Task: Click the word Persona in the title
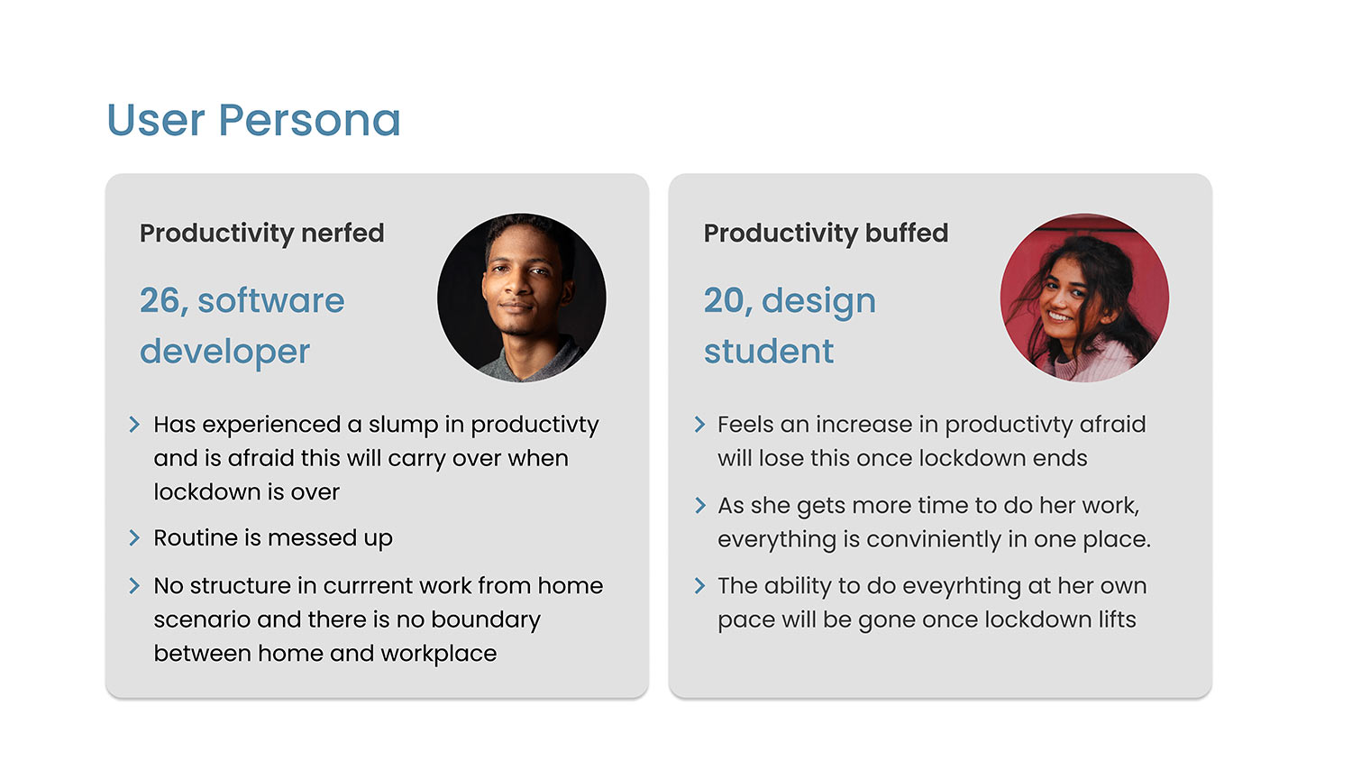pos(309,120)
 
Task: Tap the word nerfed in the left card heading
pos(343,234)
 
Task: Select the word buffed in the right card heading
pos(907,234)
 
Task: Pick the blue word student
pos(769,351)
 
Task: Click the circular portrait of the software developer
pos(522,298)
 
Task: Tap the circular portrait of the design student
pos(1084,298)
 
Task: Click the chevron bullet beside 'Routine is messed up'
pos(134,537)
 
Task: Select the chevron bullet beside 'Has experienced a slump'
pos(134,425)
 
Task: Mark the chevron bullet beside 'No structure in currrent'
pos(134,585)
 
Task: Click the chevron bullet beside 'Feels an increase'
pos(700,425)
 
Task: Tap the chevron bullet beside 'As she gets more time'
pos(700,505)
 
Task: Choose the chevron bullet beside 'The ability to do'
pos(700,585)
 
